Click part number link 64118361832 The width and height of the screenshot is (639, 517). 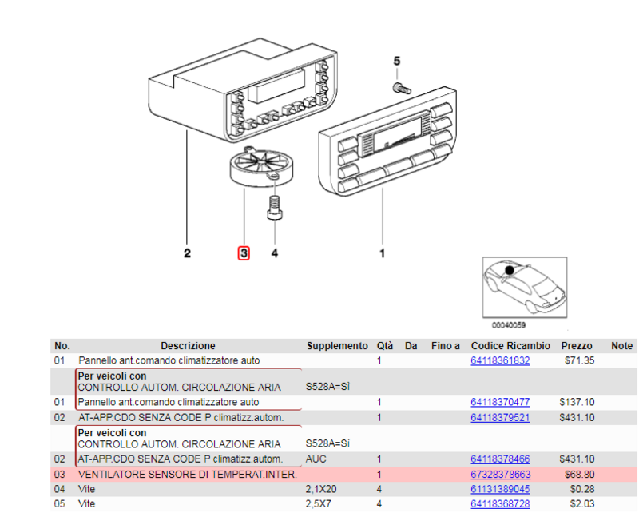[x=500, y=360]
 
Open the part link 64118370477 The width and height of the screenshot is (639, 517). [x=500, y=402]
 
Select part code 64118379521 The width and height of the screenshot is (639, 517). [x=500, y=417]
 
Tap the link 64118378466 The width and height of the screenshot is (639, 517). [x=500, y=459]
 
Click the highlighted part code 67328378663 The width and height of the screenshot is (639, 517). [x=500, y=474]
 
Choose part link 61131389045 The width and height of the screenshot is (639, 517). [x=500, y=488]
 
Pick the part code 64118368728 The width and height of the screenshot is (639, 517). [x=500, y=503]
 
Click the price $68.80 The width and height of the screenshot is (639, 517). [x=579, y=474]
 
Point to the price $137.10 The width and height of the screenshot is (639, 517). [x=578, y=402]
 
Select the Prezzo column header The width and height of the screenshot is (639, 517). [x=577, y=346]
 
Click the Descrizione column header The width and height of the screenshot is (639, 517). [x=188, y=346]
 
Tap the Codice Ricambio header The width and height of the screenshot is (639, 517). [x=510, y=346]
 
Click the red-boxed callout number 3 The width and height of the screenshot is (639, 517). [x=244, y=253]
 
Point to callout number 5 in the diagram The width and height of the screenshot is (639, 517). [x=396, y=61]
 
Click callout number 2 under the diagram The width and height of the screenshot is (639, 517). [x=187, y=254]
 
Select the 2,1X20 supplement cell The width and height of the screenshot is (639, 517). [x=323, y=488]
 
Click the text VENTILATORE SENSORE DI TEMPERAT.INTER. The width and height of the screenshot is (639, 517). [x=188, y=474]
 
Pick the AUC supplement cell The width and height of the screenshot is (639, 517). [x=316, y=459]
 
